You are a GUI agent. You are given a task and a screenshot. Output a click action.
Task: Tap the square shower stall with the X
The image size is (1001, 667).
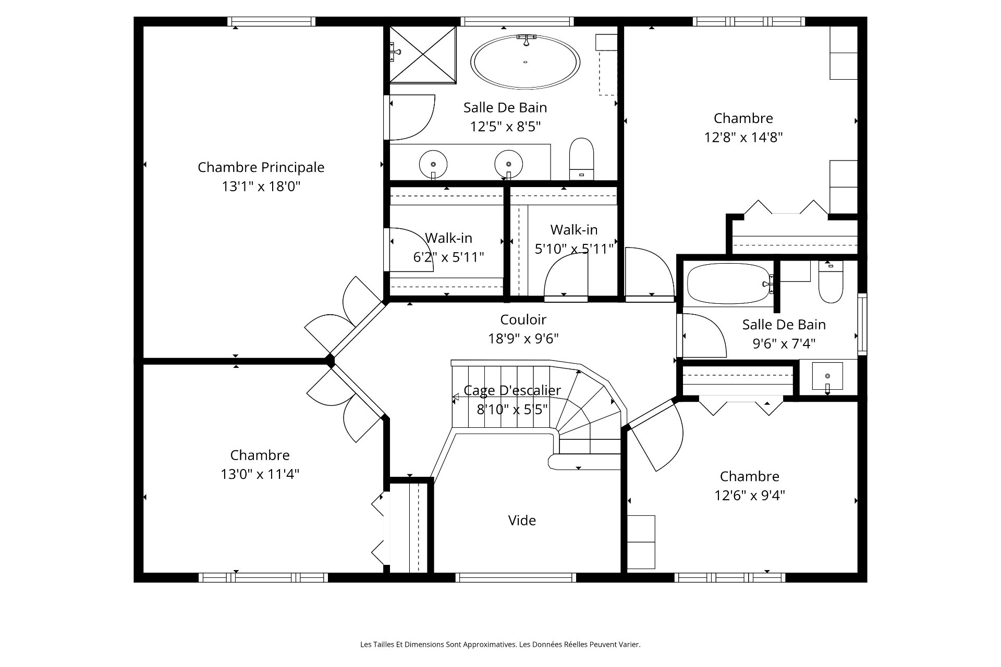tap(423, 54)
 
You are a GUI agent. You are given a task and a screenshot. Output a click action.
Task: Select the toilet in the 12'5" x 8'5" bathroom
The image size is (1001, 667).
tap(581, 159)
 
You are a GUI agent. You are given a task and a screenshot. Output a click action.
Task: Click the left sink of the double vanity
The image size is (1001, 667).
tap(433, 164)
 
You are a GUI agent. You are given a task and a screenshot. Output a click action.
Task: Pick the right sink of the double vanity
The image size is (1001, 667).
tap(508, 164)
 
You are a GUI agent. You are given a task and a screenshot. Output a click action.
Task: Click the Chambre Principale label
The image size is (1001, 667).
tap(261, 167)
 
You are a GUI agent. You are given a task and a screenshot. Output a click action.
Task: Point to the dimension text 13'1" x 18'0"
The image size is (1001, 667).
tap(261, 187)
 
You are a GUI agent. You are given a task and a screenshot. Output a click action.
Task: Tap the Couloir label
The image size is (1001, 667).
tap(523, 319)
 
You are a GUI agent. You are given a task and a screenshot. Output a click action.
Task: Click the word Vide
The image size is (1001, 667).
tap(522, 520)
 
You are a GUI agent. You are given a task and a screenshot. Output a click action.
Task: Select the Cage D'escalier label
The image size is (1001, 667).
tap(512, 390)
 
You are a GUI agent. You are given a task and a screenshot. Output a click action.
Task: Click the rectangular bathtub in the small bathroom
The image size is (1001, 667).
tap(729, 285)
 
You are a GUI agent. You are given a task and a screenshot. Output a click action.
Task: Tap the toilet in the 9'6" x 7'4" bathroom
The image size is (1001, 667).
tap(831, 281)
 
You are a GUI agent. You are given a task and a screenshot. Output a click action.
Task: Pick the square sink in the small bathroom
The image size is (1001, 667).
tap(827, 376)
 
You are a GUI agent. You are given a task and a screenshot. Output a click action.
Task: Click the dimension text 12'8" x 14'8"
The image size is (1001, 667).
tap(743, 138)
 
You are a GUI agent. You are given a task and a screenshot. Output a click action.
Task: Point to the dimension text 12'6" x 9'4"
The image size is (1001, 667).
tap(750, 495)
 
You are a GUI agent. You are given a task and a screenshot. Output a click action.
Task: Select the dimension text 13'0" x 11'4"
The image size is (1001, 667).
tap(260, 474)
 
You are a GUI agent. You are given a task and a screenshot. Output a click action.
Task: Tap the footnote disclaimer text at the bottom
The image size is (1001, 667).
tap(500, 645)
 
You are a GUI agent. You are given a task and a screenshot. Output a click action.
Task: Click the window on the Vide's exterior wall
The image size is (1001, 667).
tap(516, 577)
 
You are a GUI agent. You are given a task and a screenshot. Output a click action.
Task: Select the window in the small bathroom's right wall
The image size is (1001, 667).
tap(862, 324)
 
